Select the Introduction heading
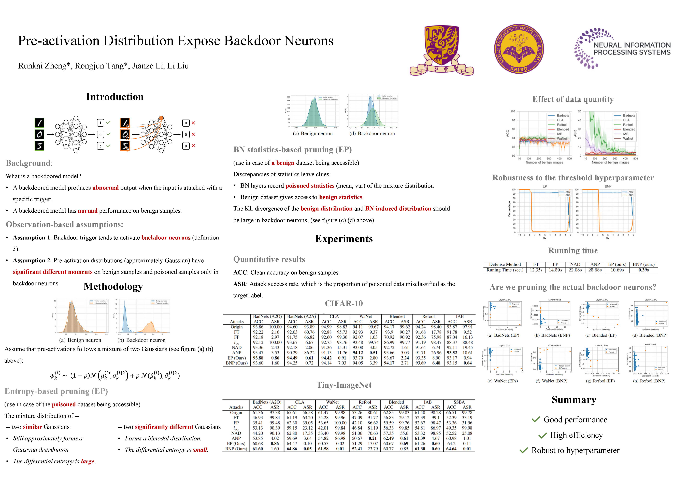(115, 97)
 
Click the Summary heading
(574, 400)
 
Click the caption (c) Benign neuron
(313, 133)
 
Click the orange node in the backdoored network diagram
(161, 118)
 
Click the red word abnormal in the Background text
(105, 188)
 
